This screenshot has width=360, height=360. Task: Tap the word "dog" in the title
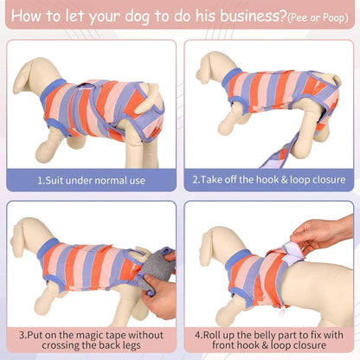[137, 17]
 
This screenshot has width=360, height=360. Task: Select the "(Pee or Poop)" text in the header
[318, 18]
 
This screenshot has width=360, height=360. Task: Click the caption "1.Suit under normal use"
[91, 181]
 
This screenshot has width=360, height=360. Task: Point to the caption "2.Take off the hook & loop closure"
[269, 180]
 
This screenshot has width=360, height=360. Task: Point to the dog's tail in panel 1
[150, 98]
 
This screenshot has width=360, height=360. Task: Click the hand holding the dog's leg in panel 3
[159, 297]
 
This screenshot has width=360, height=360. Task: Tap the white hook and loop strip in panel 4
[292, 254]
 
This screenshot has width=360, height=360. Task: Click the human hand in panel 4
[320, 234]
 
